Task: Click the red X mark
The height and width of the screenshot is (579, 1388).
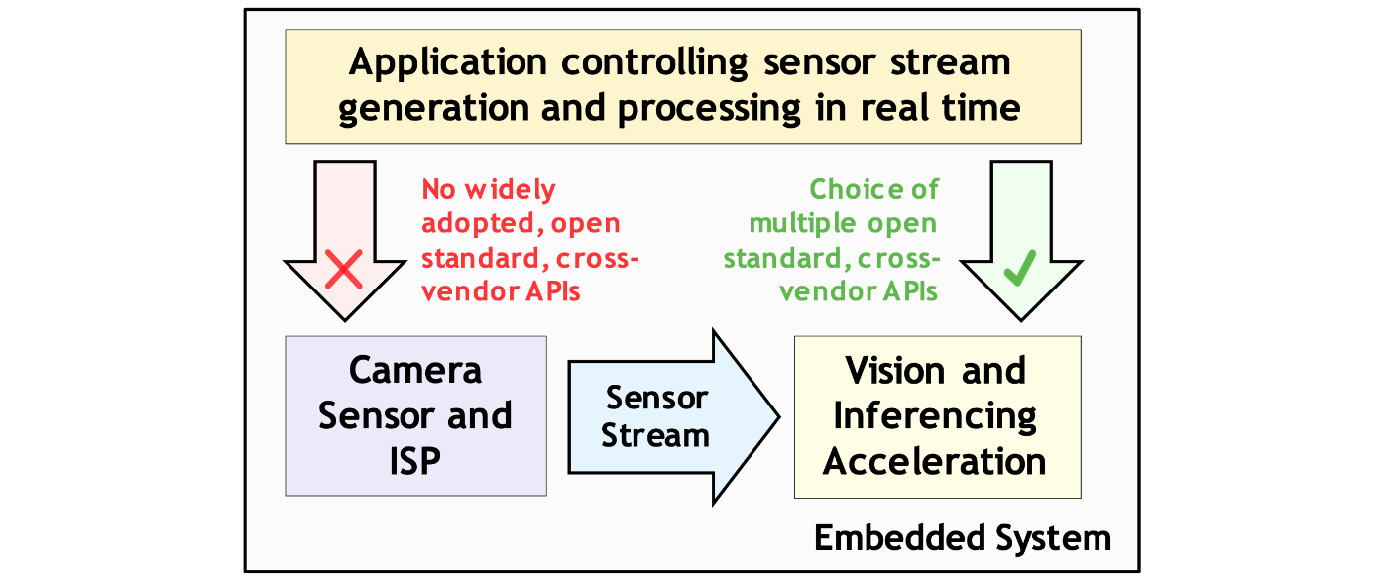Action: click(344, 269)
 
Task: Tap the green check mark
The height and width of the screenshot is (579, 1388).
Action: click(1020, 268)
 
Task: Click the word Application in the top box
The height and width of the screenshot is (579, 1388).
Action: click(448, 63)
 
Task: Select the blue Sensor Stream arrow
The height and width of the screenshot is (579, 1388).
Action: click(673, 417)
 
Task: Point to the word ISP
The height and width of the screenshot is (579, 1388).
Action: click(415, 461)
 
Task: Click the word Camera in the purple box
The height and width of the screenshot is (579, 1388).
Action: click(415, 370)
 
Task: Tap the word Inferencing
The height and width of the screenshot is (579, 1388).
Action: click(935, 416)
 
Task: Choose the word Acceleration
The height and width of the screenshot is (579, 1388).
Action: click(934, 462)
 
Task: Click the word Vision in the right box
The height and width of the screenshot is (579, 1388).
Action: click(894, 370)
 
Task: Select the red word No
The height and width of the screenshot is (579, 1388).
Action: click(438, 189)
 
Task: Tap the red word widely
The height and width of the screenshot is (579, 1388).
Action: click(510, 190)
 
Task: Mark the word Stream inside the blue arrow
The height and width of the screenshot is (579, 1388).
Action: click(655, 435)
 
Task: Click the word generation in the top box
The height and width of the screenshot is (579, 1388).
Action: click(433, 109)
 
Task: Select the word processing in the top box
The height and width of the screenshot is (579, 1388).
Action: click(709, 109)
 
